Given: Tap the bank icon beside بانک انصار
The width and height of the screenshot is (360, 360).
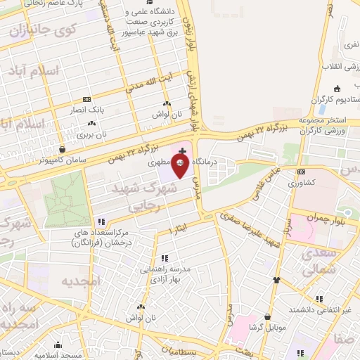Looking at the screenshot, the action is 86,99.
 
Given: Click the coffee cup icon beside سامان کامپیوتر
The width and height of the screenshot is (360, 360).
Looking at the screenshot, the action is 63,149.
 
